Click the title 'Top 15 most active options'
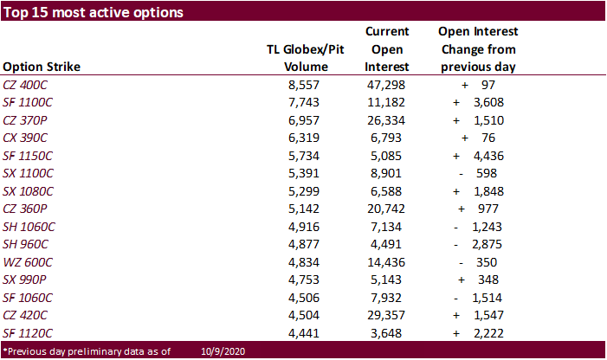pyautogui.click(x=94, y=12)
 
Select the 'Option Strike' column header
pyautogui.click(x=42, y=67)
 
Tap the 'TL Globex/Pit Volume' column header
pyautogui.click(x=306, y=58)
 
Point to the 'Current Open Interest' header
pyautogui.click(x=387, y=49)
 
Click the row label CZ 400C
pyautogui.click(x=25, y=85)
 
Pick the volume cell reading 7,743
pyautogui.click(x=304, y=102)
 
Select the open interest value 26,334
pyautogui.click(x=386, y=120)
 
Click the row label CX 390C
pyautogui.click(x=25, y=138)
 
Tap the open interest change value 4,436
pyautogui.click(x=488, y=157)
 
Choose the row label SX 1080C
pyautogui.click(x=28, y=191)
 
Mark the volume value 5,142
pyautogui.click(x=304, y=209)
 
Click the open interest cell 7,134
pyautogui.click(x=386, y=227)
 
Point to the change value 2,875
pyautogui.click(x=487, y=244)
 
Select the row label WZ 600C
pyautogui.click(x=28, y=262)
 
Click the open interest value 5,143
pyautogui.click(x=386, y=280)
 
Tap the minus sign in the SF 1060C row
pyautogui.click(x=456, y=299)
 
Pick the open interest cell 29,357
pyautogui.click(x=386, y=316)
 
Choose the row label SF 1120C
pyautogui.click(x=28, y=333)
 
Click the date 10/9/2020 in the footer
pyautogui.click(x=223, y=351)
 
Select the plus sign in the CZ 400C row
pyautogui.click(x=464, y=86)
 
